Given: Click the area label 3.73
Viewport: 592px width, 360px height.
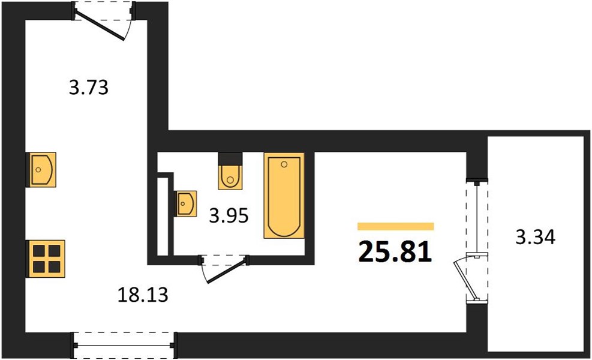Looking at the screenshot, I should [89, 89].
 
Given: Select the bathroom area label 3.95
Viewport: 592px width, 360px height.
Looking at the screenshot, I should [229, 215].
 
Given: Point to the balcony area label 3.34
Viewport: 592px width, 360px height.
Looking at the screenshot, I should [536, 238].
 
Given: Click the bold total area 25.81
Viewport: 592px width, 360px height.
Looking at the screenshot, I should [395, 253].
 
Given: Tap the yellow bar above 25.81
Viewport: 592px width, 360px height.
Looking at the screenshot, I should [395, 226].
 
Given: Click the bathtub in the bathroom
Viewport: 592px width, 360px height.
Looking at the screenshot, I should [284, 196].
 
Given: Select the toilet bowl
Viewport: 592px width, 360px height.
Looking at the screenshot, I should [230, 176].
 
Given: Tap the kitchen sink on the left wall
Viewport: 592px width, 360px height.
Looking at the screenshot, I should [41, 169].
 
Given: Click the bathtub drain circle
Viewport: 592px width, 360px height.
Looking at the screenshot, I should [284, 163].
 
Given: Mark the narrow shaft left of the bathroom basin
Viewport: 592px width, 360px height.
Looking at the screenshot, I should [161, 216].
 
